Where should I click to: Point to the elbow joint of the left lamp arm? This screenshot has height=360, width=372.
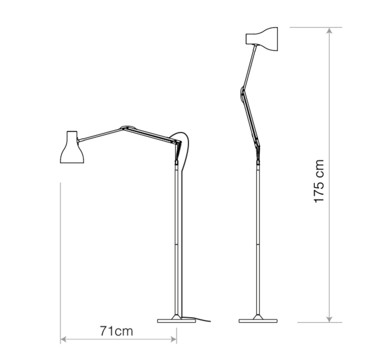128,128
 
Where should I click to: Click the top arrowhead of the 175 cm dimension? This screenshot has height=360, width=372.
329,31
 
